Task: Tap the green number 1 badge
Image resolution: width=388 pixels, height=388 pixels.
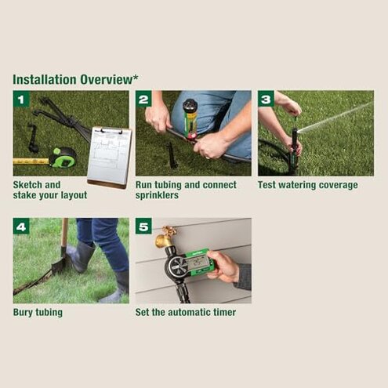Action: tap(21, 99)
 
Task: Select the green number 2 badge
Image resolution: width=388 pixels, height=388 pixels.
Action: tap(143, 99)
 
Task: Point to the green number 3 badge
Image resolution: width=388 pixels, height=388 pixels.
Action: tap(266, 99)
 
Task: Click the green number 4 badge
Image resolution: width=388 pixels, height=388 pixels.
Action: tap(21, 227)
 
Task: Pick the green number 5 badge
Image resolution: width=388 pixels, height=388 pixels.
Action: tap(143, 227)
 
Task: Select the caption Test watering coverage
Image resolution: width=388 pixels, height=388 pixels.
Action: tap(307, 185)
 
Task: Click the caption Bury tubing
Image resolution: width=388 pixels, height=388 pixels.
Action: tap(38, 312)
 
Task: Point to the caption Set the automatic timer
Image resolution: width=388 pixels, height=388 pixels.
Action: tap(186, 312)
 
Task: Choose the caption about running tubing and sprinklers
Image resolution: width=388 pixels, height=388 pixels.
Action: tap(186, 190)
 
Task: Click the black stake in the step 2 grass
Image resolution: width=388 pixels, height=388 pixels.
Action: tap(171, 155)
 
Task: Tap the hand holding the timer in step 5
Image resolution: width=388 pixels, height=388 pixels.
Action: tap(226, 266)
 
